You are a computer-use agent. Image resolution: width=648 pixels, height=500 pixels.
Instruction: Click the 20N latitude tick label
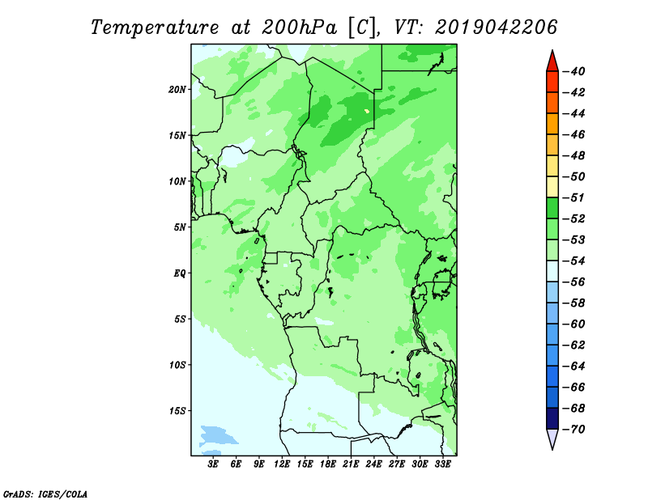177,90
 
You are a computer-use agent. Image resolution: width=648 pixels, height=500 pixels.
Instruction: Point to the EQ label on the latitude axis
180,273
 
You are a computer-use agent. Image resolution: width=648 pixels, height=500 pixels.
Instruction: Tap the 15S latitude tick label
177,411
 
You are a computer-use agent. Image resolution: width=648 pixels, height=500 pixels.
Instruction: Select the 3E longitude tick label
213,464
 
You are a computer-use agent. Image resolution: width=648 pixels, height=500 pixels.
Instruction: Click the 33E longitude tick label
442,464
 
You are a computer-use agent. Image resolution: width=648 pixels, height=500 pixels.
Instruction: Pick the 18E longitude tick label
328,464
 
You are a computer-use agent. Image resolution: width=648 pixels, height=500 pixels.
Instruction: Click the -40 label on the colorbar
574,71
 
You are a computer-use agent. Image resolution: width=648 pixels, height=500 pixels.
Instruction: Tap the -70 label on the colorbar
574,430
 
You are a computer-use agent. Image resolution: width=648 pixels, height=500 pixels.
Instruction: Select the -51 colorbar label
574,197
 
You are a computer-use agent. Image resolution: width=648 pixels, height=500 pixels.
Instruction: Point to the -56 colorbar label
574,282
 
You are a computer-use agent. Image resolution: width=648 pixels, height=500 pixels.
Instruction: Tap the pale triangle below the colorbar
552,439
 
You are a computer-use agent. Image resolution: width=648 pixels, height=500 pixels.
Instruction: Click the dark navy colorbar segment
552,418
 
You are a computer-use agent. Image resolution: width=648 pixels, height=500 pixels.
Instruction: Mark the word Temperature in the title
155,28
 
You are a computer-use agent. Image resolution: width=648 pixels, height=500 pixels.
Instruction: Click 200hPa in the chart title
299,28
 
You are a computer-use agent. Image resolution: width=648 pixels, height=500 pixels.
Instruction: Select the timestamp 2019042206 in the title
496,28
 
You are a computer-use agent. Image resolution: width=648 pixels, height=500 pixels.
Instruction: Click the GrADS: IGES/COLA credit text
45,494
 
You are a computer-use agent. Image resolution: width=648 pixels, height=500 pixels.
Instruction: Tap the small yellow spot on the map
367,111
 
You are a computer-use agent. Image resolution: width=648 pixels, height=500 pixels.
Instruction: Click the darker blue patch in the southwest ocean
217,435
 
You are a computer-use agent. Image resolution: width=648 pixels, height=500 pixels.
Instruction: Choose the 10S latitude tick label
177,365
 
